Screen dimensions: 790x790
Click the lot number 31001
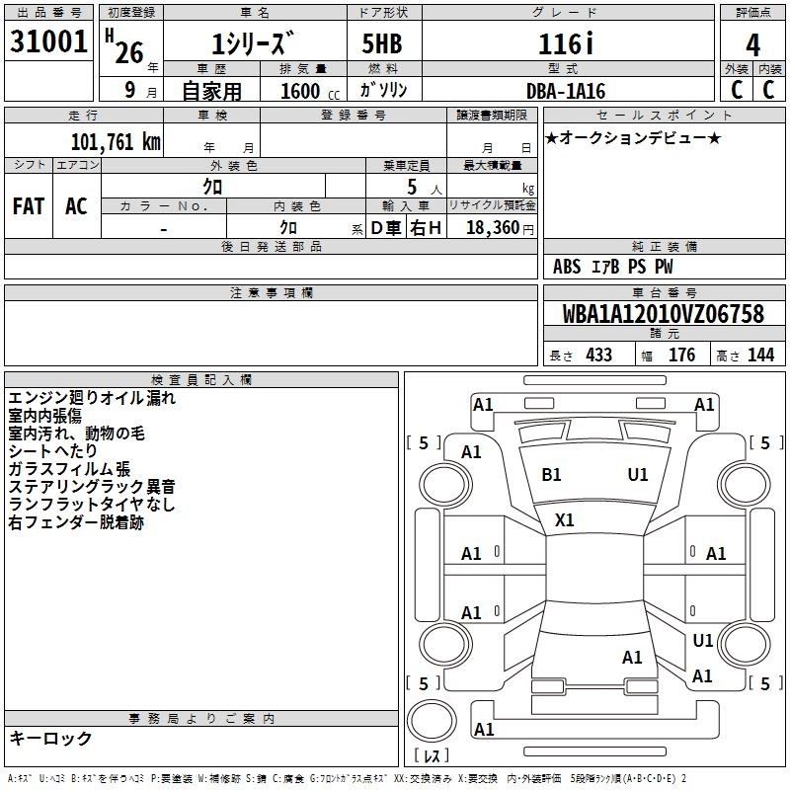pos(48,41)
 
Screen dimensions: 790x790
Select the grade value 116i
pos(566,43)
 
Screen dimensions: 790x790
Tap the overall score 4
pos(752,45)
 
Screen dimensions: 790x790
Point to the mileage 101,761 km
pos(116,142)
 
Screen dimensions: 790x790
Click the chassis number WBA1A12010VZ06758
pos(664,314)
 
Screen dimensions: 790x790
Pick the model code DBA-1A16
pos(565,91)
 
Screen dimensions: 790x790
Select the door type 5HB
pos(382,43)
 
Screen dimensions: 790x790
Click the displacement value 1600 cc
pos(310,91)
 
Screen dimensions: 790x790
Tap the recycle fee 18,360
pos(493,227)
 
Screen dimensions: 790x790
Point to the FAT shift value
pos(29,206)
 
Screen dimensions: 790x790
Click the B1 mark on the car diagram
pos(551,475)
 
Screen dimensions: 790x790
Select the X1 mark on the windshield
pos(564,520)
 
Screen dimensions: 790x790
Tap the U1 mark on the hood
pos(638,475)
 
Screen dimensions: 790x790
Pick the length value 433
pos(599,355)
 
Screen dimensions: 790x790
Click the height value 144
pos(760,355)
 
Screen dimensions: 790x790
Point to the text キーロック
pos(50,738)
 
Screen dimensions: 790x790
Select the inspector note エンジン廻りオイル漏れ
pos(92,398)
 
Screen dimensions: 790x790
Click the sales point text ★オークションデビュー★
pos(633,137)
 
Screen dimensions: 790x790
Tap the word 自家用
pos(211,91)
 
